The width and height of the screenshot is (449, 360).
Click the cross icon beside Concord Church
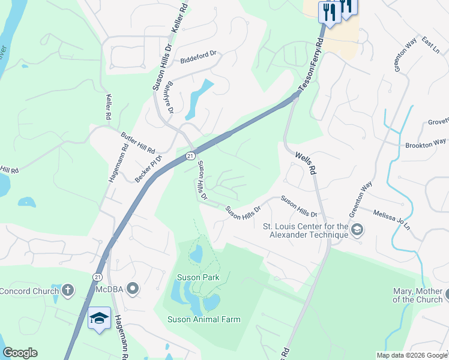click(x=67, y=291)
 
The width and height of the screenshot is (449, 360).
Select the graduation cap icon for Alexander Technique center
click(x=357, y=230)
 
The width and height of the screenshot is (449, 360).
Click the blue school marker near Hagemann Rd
click(x=99, y=319)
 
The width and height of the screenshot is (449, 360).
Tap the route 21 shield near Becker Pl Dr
click(x=190, y=156)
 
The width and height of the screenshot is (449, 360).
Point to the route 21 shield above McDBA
click(x=97, y=277)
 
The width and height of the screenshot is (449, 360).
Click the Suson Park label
click(x=197, y=277)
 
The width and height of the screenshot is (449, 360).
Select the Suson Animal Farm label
click(x=203, y=319)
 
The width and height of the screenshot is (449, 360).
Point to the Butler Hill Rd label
click(x=138, y=142)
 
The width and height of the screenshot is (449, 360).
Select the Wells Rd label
click(x=306, y=163)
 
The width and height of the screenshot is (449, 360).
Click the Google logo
click(x=20, y=353)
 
